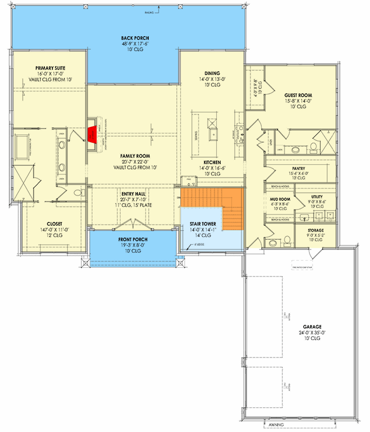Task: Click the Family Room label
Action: [135, 156]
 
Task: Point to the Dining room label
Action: [212, 72]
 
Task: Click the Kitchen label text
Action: [212, 162]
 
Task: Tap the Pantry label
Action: [299, 168]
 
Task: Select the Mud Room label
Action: [280, 199]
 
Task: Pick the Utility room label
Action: [317, 197]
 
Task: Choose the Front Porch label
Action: [133, 239]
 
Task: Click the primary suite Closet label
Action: [55, 224]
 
